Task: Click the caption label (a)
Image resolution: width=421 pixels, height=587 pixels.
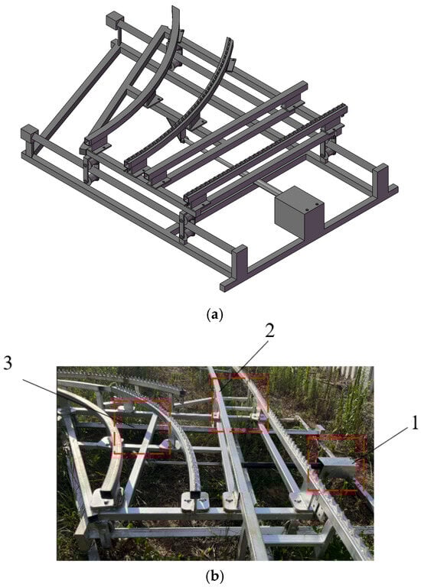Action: pos(215,314)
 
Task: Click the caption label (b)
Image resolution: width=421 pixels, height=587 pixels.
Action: pos(215,576)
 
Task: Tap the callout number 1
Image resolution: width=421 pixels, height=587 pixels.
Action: pos(415,423)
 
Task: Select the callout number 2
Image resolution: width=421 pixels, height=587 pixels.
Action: pos(269,330)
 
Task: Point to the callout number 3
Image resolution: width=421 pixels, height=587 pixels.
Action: pos(8,362)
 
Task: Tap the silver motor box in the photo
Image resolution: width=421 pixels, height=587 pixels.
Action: pos(337,467)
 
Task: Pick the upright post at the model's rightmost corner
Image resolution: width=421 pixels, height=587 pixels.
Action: pos(380,179)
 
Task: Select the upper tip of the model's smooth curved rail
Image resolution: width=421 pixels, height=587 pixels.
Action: pos(175,8)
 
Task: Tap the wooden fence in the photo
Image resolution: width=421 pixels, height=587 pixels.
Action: pos(350,375)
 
